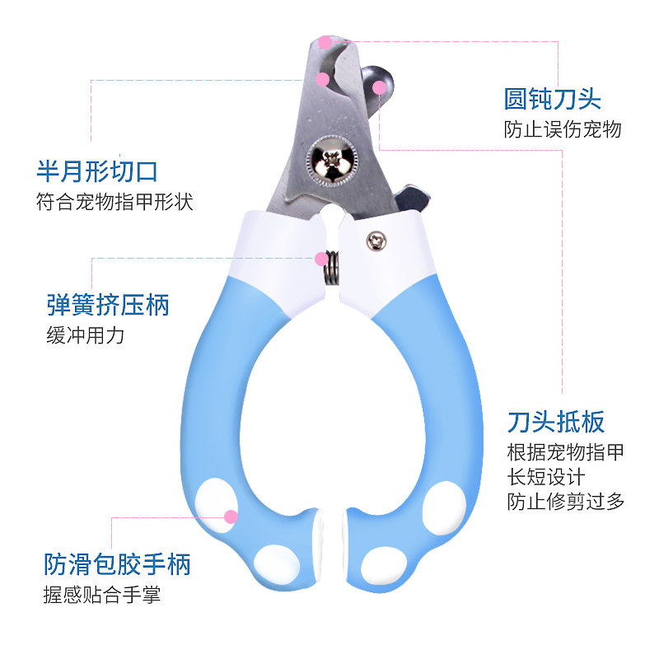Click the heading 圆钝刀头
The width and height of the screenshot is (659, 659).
click(x=553, y=100)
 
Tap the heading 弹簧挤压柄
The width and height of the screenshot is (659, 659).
click(x=108, y=305)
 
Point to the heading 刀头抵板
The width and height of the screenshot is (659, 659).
click(x=556, y=422)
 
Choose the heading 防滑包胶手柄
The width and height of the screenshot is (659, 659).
click(x=117, y=564)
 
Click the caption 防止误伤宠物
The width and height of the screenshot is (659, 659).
click(x=563, y=130)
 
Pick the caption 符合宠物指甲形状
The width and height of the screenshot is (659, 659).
click(x=115, y=202)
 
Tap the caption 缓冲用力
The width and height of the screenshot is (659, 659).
click(x=85, y=335)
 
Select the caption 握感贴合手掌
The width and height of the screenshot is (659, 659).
click(x=102, y=595)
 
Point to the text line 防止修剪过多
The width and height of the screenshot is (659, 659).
click(x=566, y=501)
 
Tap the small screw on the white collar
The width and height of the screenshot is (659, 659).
click(x=376, y=240)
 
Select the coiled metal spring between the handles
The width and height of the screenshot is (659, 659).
click(x=329, y=267)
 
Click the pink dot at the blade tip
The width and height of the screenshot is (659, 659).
click(x=325, y=41)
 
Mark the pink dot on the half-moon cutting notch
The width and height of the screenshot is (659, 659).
click(x=323, y=80)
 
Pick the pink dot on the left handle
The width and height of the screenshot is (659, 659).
click(x=231, y=516)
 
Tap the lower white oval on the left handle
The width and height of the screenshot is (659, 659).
click(x=276, y=563)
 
